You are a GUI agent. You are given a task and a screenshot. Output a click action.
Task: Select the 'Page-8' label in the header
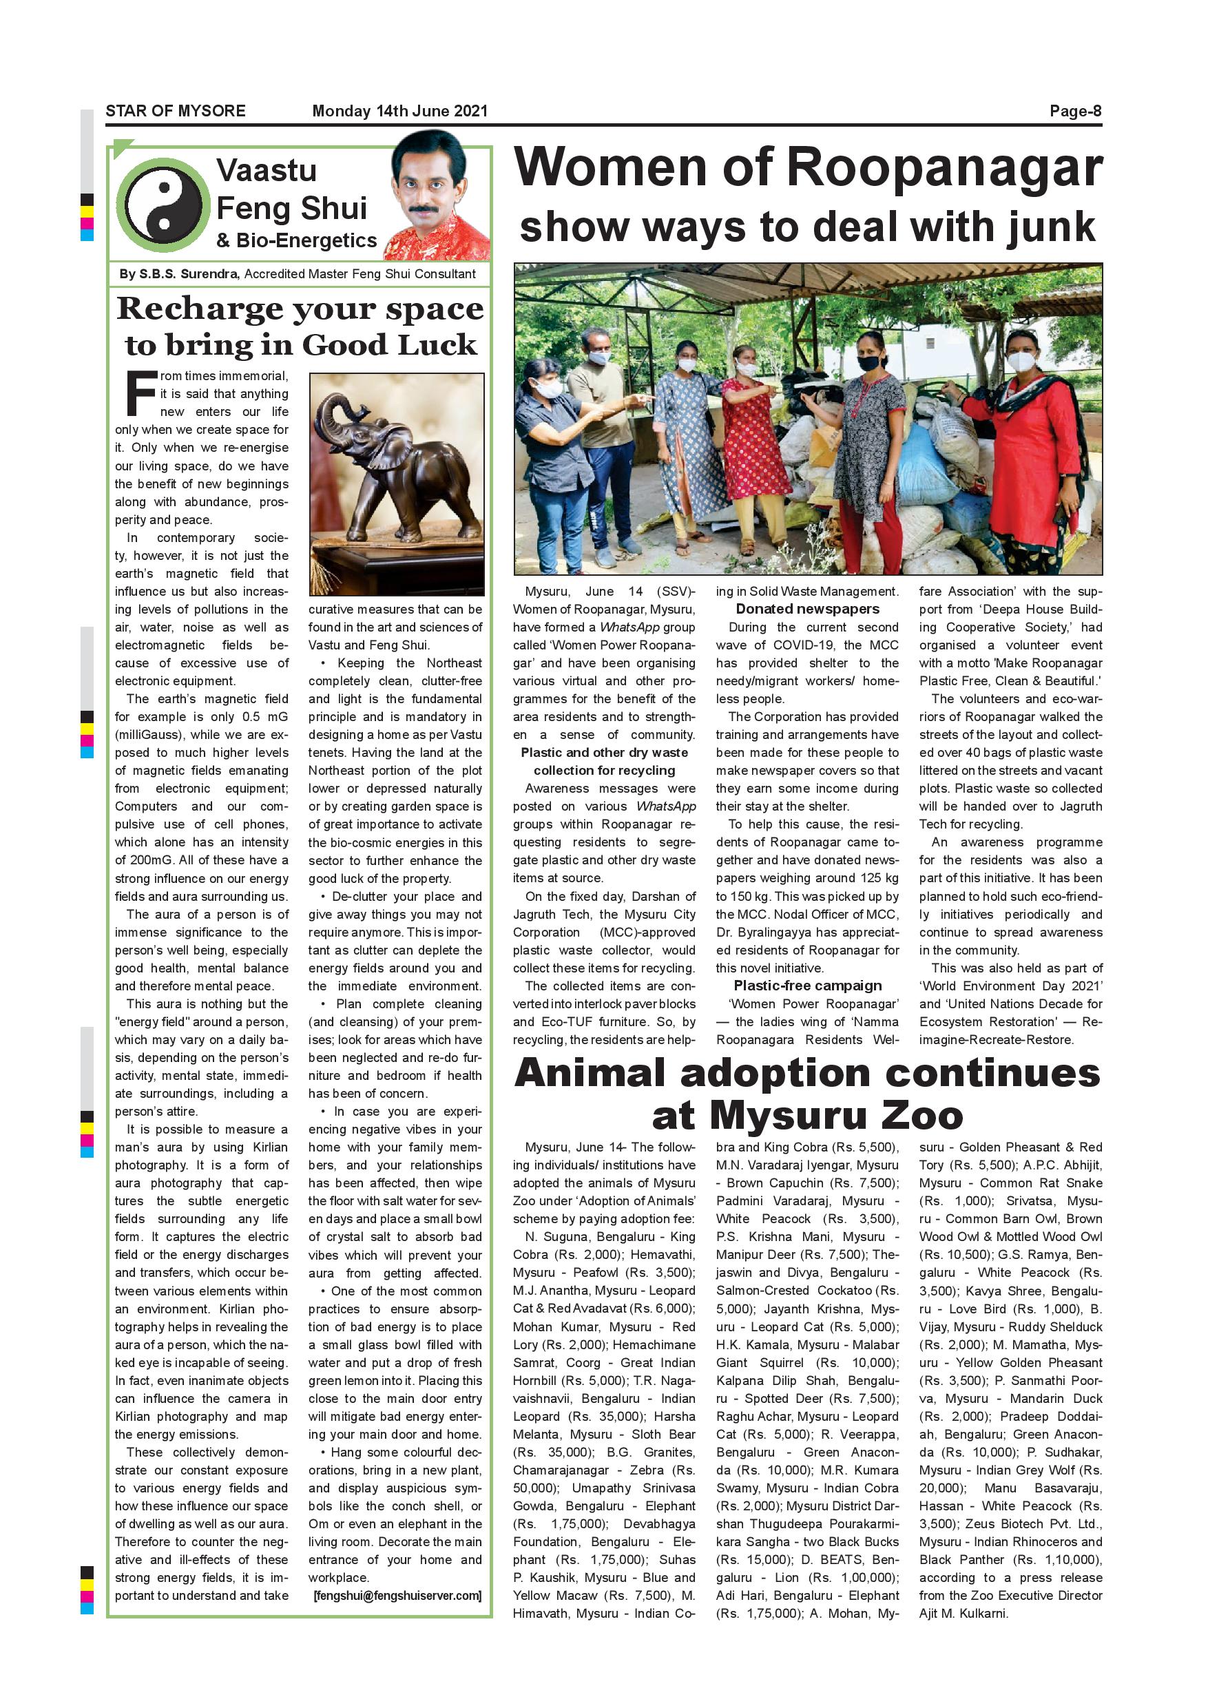point(1075,111)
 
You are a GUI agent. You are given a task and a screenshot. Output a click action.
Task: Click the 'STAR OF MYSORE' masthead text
point(176,111)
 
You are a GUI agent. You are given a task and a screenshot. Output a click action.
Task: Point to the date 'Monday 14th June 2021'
point(399,111)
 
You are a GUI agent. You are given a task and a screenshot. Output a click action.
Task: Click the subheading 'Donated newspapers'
point(807,609)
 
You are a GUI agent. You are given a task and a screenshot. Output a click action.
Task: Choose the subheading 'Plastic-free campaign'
point(807,986)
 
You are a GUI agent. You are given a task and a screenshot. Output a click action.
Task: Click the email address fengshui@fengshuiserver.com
point(397,1595)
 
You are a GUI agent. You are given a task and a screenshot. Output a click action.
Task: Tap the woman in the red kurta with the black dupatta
point(1023,446)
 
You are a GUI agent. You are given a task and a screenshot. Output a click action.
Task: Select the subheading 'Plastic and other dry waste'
point(604,752)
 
